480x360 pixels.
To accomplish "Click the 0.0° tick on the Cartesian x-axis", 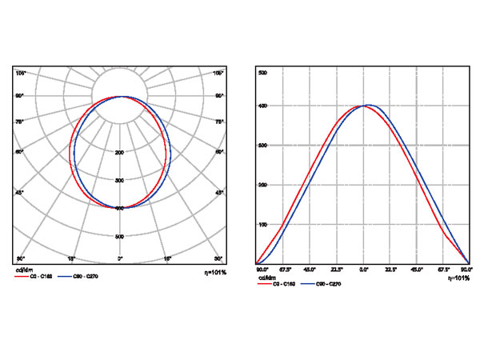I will (x=364, y=270).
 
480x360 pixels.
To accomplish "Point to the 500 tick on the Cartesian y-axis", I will (x=262, y=73).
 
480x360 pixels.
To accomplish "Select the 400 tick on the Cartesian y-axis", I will (x=262, y=106).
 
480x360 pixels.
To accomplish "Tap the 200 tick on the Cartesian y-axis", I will (x=262, y=185).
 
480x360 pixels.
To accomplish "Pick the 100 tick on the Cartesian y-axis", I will (x=262, y=225).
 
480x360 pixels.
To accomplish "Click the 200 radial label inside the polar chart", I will (x=120, y=152).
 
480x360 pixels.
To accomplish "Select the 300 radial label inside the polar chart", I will (x=120, y=180).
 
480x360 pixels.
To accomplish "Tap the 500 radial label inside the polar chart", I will (x=120, y=236).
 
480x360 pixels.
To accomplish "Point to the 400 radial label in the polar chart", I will (x=120, y=208).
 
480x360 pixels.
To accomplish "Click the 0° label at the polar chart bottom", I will (x=120, y=259).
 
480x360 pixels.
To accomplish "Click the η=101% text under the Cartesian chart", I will (x=458, y=278).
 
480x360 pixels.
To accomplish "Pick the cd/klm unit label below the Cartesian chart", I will (x=267, y=277).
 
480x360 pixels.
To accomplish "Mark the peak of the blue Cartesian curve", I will (x=370, y=105).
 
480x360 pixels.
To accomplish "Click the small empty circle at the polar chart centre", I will (x=120, y=96).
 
